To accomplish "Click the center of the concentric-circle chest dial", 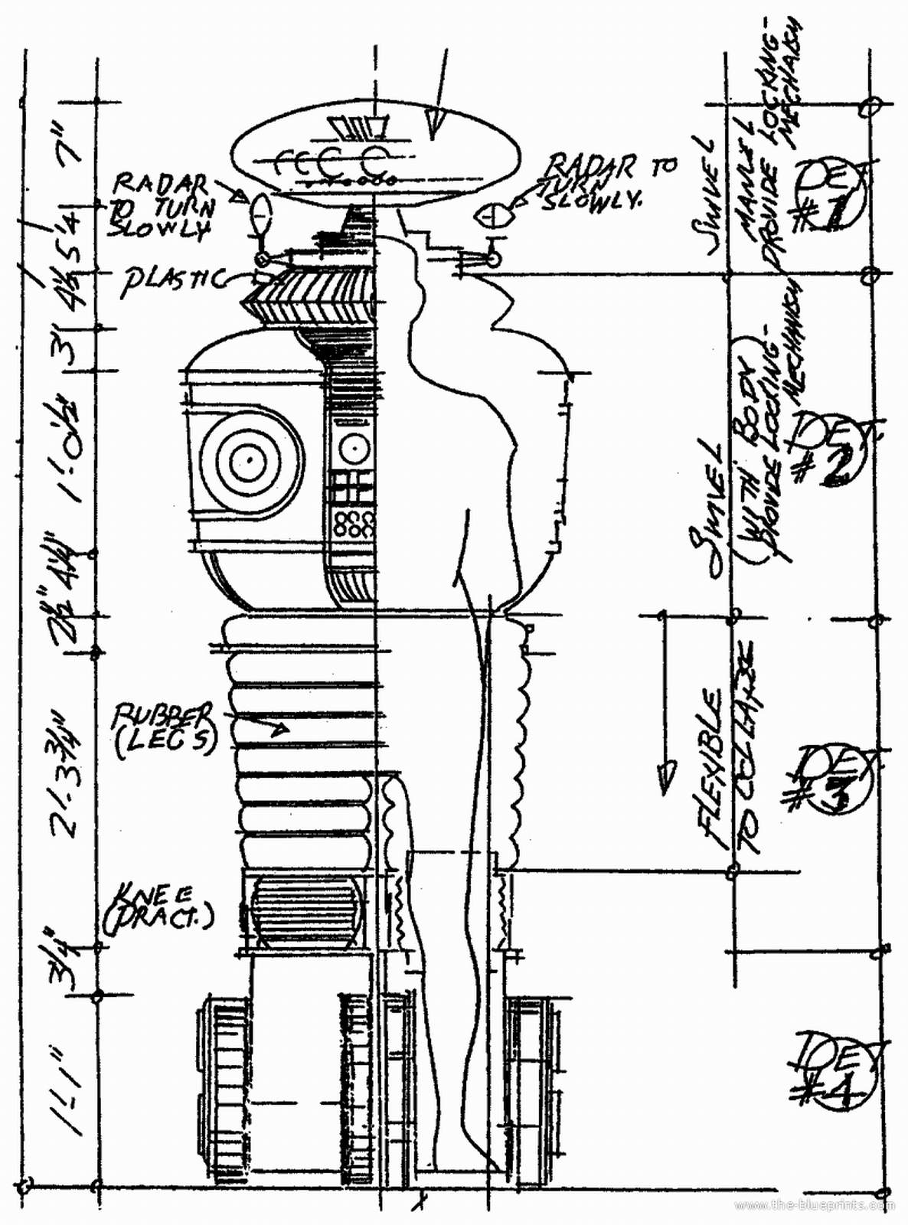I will pyautogui.click(x=250, y=459).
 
